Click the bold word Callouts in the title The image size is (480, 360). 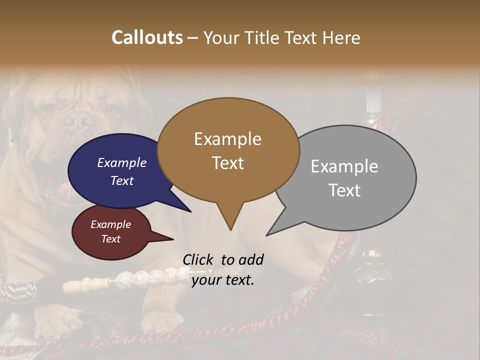pos(147,37)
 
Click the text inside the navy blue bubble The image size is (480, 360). pos(121,171)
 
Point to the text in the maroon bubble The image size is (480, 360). pos(110,231)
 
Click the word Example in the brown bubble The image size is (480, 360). pos(227,139)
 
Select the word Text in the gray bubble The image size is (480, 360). pos(344,190)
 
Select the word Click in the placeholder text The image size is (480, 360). pos(198,259)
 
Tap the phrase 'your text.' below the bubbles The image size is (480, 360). pos(223,280)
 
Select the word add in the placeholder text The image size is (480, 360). pos(251,259)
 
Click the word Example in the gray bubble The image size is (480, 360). pos(344,166)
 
